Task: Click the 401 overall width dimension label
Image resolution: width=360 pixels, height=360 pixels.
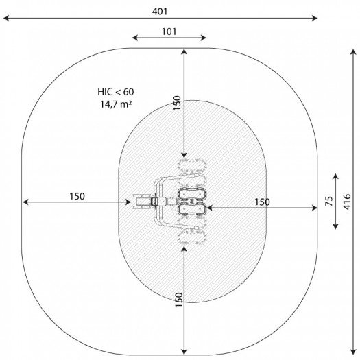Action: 160,11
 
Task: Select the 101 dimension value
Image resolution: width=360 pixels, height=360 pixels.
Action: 169,32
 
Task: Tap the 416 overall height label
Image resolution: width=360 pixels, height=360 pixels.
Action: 347,202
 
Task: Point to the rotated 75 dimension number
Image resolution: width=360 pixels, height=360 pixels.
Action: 329,201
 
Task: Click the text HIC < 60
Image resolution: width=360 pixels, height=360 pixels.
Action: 116,92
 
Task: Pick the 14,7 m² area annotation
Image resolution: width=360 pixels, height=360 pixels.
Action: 116,104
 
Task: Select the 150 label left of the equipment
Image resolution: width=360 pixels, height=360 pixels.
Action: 77,196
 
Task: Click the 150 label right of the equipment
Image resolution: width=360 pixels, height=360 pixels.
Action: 262,202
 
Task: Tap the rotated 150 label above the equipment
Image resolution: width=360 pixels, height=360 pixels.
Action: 177,103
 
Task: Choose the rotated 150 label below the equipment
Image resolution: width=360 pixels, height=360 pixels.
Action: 178,300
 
